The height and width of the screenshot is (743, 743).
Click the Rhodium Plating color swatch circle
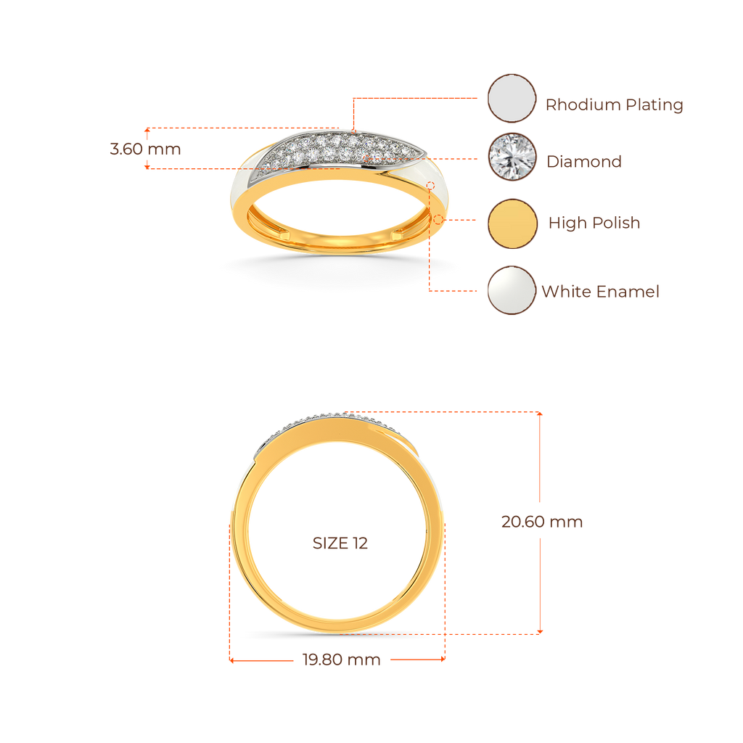[x=512, y=99]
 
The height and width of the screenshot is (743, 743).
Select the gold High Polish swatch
[x=512, y=223]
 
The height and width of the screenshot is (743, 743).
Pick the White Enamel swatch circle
[x=512, y=290]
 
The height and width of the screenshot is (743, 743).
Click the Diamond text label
[x=584, y=161]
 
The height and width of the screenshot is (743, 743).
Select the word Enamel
[x=628, y=292]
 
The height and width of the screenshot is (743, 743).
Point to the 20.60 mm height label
[x=541, y=522]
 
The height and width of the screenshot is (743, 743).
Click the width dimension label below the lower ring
[x=341, y=660]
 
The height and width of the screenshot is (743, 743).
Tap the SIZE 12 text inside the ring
[x=340, y=543]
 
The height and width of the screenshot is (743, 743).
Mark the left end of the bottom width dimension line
[x=231, y=660]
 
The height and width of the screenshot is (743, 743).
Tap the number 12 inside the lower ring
[x=361, y=543]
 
